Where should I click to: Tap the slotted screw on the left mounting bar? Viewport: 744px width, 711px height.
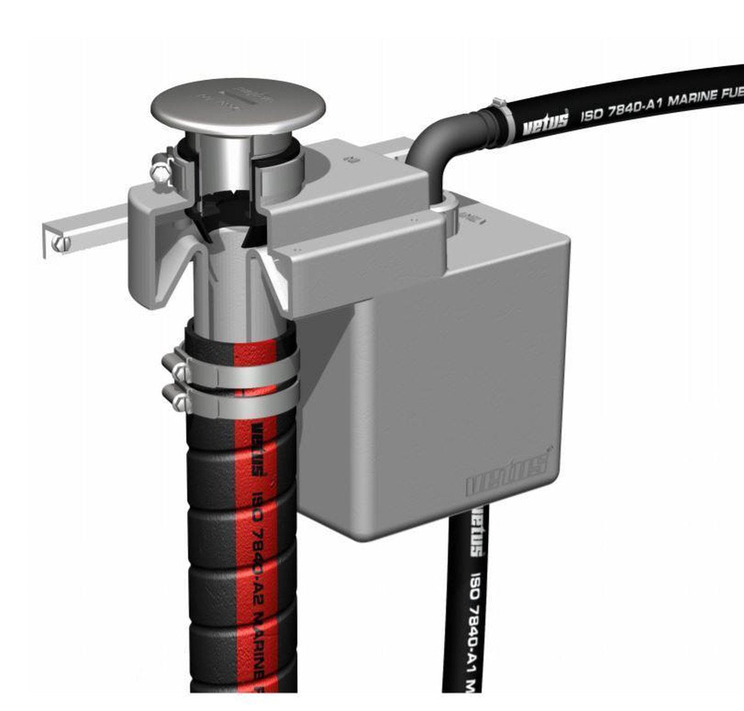pos(60,244)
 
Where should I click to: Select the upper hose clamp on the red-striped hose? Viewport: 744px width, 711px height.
pos(236,373)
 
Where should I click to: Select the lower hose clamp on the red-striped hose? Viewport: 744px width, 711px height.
pos(236,401)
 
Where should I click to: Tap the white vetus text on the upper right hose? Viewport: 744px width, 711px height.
pos(545,122)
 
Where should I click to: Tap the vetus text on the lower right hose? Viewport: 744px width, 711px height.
pos(477,535)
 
